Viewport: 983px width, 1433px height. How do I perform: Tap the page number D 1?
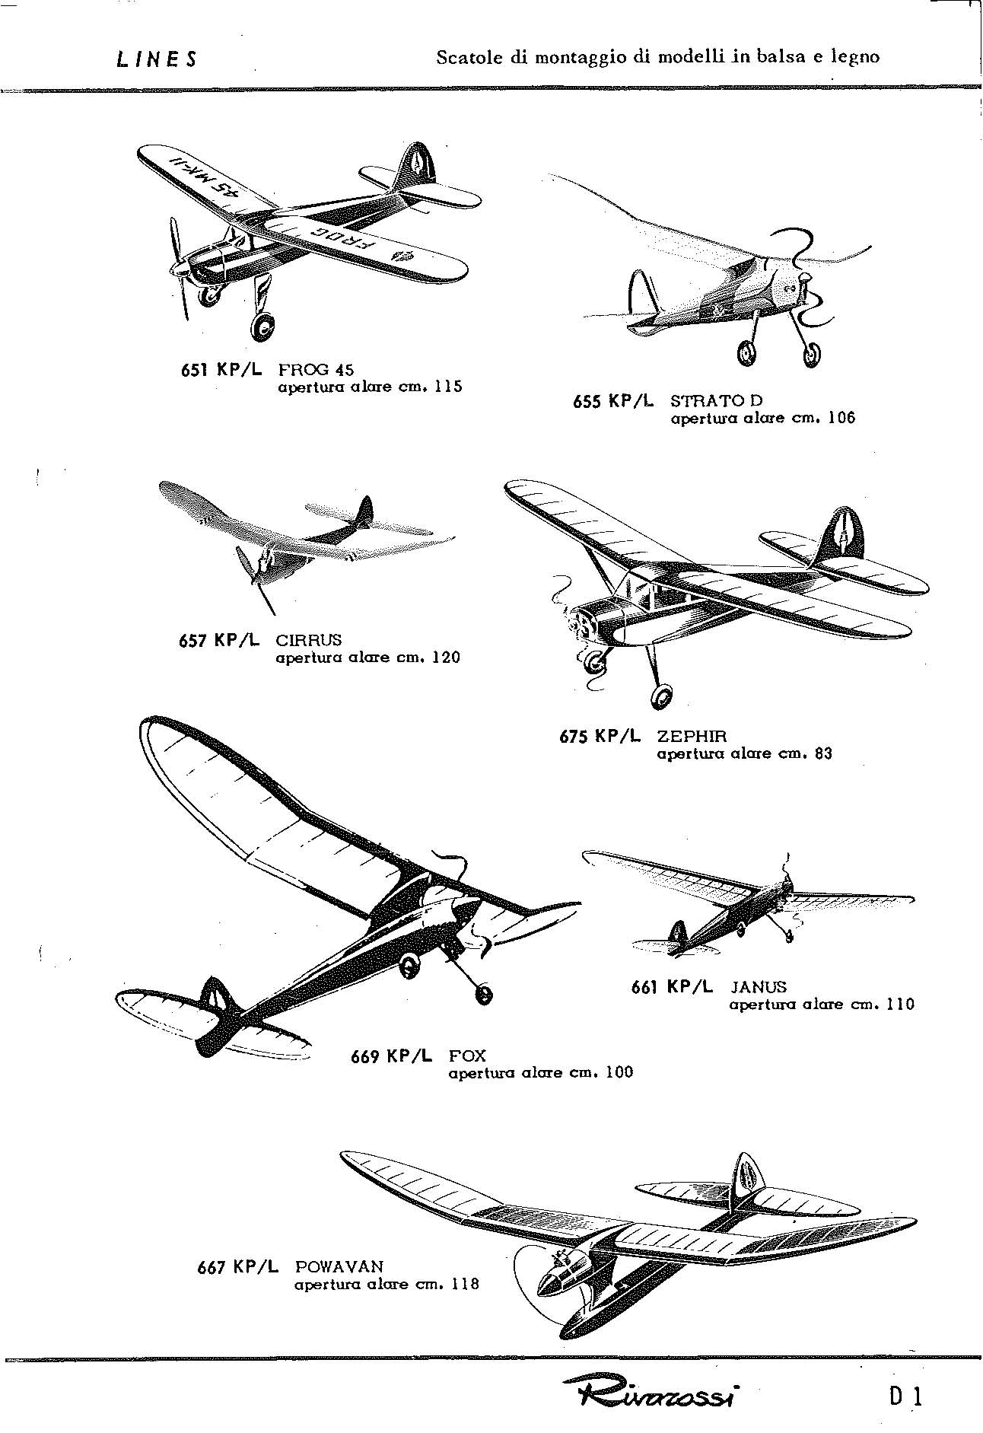904,1397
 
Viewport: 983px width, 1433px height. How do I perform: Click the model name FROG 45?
316,370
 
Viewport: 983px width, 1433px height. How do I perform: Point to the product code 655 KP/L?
612,401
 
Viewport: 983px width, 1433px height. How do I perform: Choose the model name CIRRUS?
309,640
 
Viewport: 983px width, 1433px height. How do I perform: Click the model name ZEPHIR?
692,736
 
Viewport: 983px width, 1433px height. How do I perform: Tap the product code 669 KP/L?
391,1056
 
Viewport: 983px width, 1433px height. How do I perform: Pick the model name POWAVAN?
339,1267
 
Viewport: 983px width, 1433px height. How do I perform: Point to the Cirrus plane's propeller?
256,578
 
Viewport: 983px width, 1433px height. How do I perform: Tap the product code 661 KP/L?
673,987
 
